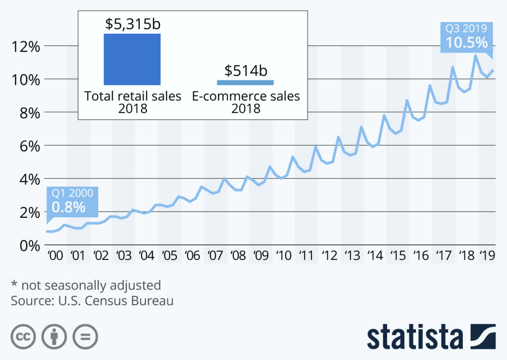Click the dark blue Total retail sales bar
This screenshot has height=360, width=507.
(x=132, y=59)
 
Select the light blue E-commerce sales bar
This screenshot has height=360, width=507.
(x=245, y=82)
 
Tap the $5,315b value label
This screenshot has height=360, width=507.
(x=133, y=24)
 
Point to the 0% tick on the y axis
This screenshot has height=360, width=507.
(x=30, y=245)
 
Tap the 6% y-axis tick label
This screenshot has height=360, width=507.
(x=30, y=146)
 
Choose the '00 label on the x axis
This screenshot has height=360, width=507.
(x=55, y=256)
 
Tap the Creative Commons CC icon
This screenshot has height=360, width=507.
(x=23, y=337)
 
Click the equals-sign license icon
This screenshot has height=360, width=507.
(x=86, y=337)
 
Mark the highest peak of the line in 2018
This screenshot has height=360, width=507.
(x=476, y=55)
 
